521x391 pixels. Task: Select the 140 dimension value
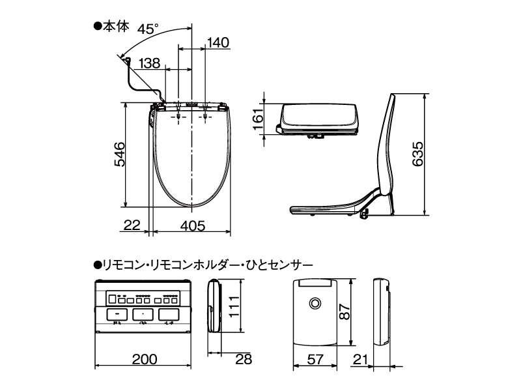tap(218, 43)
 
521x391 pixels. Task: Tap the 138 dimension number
tap(149, 63)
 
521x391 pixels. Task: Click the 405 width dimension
tap(193, 225)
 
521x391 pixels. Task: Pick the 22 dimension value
tap(132, 225)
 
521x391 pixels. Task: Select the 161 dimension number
tap(257, 118)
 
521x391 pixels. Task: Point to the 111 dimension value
tap(233, 306)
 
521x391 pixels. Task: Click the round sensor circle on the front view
tap(316, 304)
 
